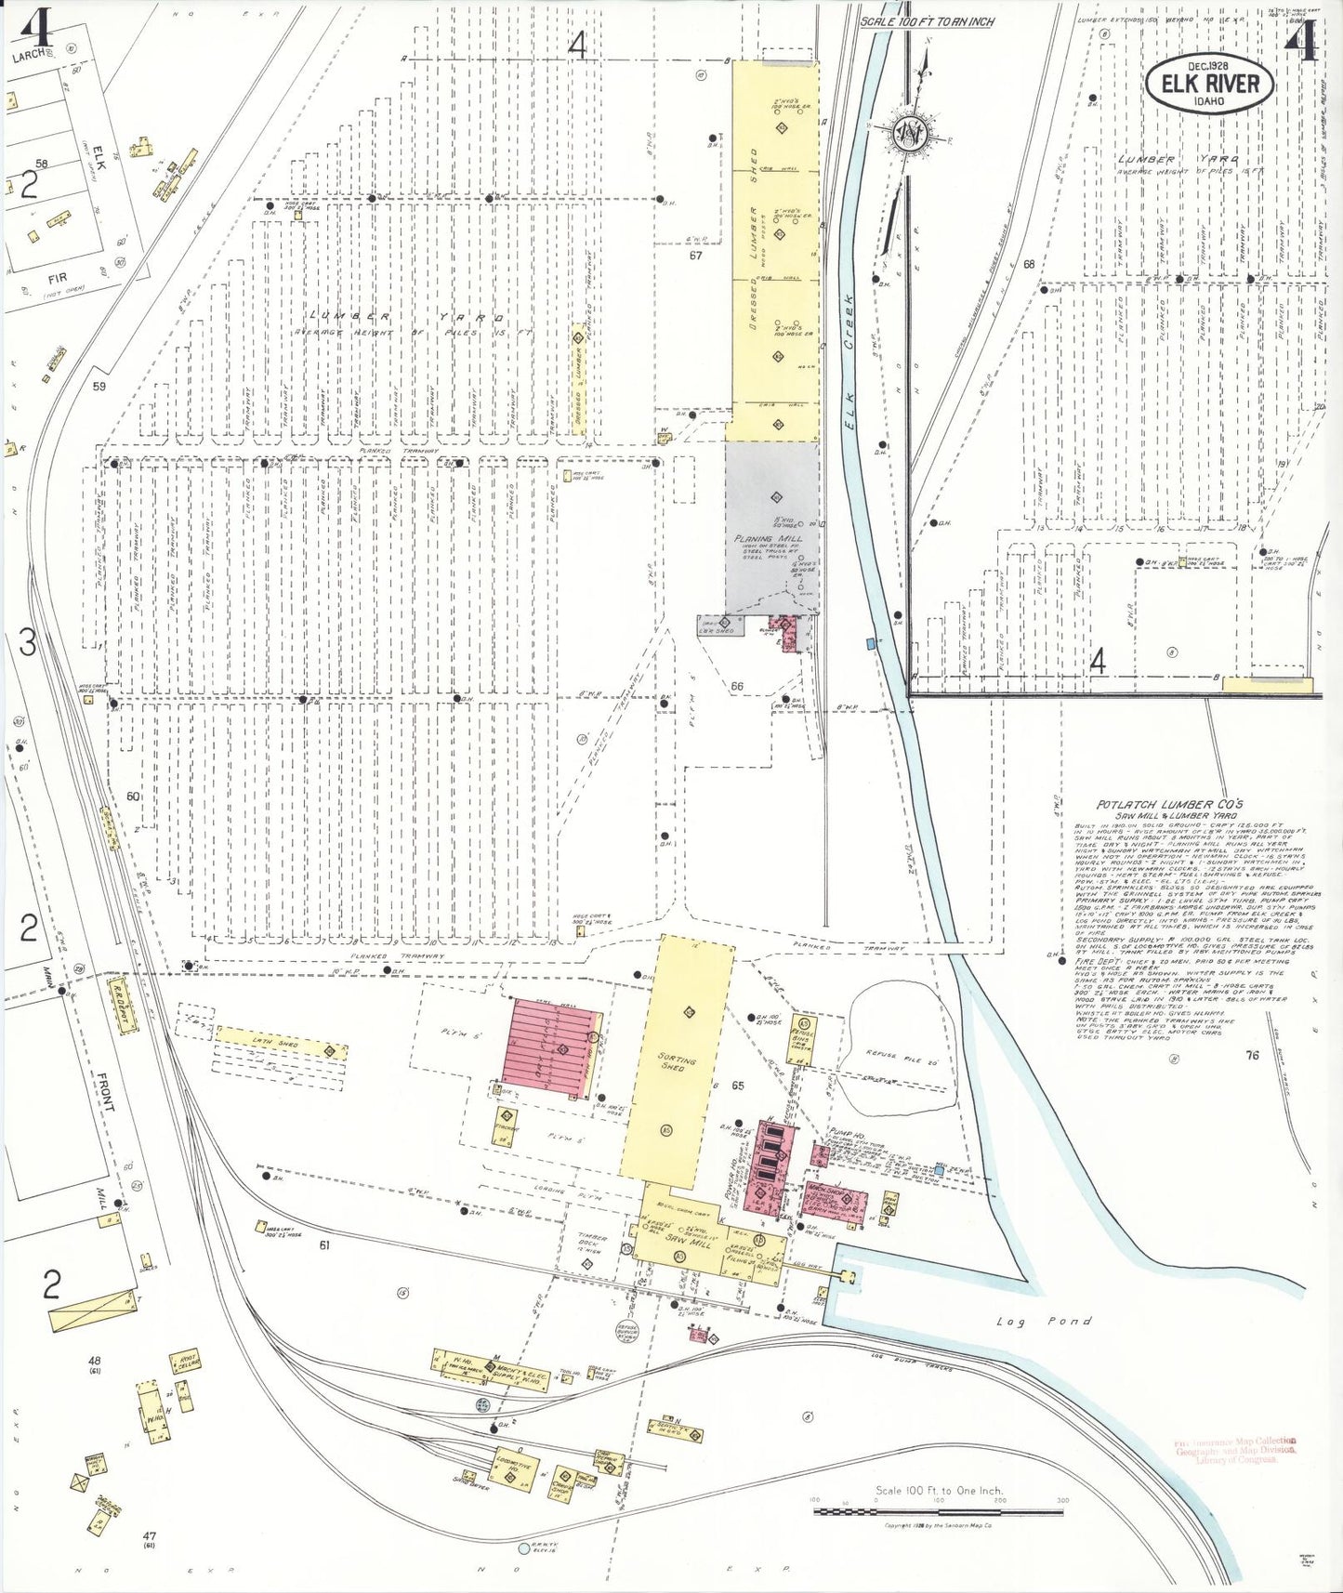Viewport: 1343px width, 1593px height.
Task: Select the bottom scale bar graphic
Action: coord(940,1511)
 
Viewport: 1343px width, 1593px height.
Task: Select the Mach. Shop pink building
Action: coord(835,1205)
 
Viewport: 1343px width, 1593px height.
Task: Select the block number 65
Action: coord(737,1085)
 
